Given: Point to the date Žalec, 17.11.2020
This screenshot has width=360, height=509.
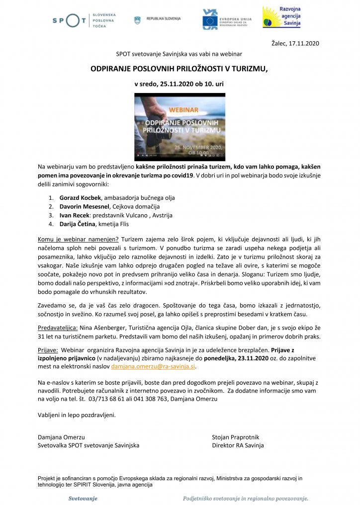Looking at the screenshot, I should click(x=295, y=43).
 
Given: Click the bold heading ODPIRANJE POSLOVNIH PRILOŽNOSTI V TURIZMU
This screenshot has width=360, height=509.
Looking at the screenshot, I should click(x=179, y=70).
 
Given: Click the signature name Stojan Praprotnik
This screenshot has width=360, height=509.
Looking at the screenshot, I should click(x=235, y=437).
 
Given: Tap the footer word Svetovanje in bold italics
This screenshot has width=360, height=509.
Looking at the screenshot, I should click(x=83, y=498).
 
